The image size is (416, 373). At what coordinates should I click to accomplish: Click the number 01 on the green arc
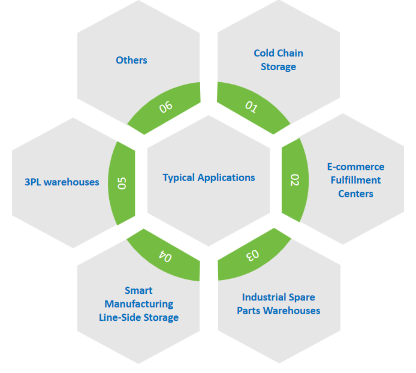(252, 107)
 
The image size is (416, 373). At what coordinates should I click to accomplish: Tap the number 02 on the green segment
(295, 180)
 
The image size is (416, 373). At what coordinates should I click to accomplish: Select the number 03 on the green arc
(253, 255)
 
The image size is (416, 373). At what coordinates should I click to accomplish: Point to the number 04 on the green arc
(165, 255)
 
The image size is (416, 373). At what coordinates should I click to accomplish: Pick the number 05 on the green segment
(122, 182)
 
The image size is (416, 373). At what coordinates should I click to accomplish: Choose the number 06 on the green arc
(165, 107)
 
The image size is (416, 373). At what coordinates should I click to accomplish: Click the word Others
(131, 60)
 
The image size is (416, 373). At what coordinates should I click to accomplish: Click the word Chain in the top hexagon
(291, 53)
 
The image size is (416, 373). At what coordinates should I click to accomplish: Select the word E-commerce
(355, 167)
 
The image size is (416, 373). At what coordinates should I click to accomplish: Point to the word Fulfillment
(355, 180)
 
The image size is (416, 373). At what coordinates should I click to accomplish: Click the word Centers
(355, 194)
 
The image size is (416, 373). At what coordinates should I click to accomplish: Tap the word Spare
(302, 297)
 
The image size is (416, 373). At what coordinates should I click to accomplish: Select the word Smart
(138, 291)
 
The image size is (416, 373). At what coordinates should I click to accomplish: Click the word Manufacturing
(138, 304)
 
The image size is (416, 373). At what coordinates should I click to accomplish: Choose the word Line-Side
(120, 317)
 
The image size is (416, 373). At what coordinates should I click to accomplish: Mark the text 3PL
(34, 182)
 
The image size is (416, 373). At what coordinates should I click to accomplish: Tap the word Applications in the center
(227, 178)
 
